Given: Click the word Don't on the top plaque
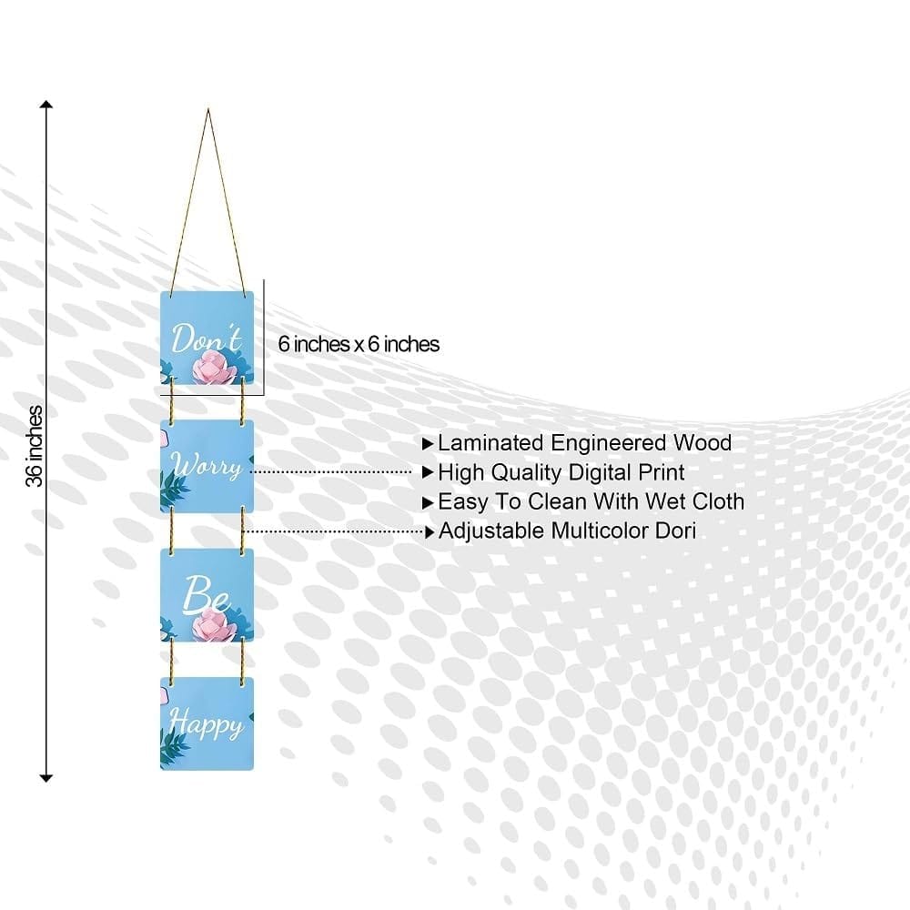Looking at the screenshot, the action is pyautogui.click(x=207, y=338).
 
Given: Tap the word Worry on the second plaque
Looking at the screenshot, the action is pyautogui.click(x=206, y=466).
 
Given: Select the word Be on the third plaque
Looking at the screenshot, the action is pyautogui.click(x=206, y=593).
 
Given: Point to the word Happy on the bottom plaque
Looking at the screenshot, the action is pyautogui.click(x=206, y=724).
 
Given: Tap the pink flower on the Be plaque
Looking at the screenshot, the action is pyautogui.click(x=211, y=626).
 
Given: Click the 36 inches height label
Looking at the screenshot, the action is pyautogui.click(x=35, y=446).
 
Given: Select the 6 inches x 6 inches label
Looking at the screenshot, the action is pyautogui.click(x=359, y=344).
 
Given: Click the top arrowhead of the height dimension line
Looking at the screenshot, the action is pyautogui.click(x=45, y=105).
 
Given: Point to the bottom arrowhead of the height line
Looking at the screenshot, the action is pyautogui.click(x=45, y=778).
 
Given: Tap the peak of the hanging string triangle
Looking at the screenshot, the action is pyautogui.click(x=207, y=110).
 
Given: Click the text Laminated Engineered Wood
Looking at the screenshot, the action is pyautogui.click(x=584, y=443).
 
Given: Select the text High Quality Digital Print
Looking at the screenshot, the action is pyautogui.click(x=561, y=472).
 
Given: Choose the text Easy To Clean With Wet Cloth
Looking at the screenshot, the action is pyautogui.click(x=591, y=501).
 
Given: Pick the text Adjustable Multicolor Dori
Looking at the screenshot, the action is pyautogui.click(x=567, y=531).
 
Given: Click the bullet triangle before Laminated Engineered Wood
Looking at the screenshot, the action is pyautogui.click(x=428, y=444).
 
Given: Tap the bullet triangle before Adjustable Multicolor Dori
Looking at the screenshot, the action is pyautogui.click(x=430, y=531).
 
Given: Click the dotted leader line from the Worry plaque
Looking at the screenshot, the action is pyautogui.click(x=331, y=471).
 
